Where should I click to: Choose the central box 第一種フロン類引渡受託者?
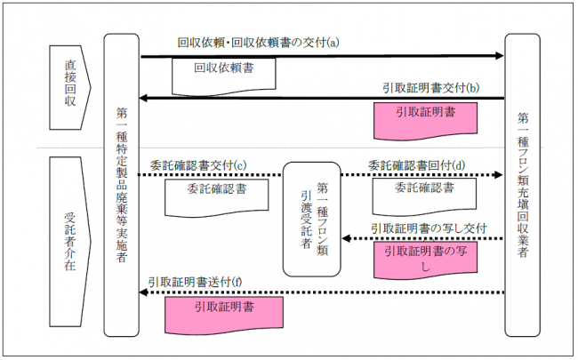pos(311,219)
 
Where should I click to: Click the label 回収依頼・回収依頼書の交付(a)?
pos(259,42)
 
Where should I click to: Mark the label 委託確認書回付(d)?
pos(415,165)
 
